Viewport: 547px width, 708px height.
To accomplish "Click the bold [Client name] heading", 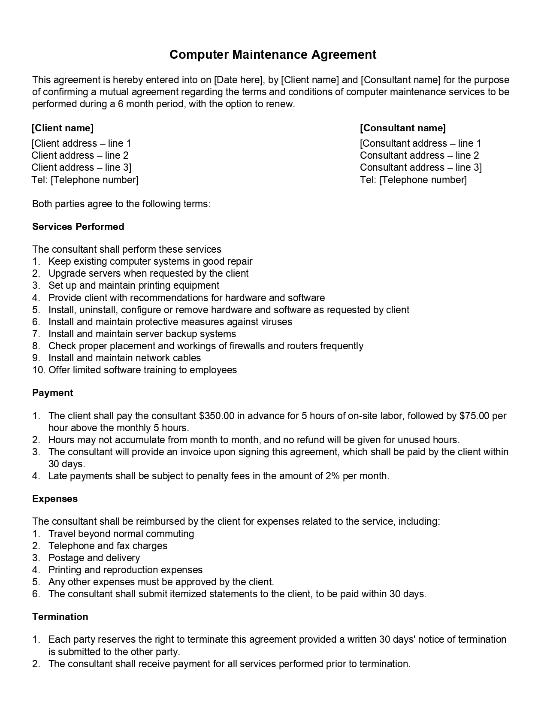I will tap(63, 128).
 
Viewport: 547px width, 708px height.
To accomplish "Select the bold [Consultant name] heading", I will tap(403, 128).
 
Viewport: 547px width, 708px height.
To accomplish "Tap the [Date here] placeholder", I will tap(238, 80).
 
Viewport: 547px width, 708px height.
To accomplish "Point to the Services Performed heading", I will tap(78, 227).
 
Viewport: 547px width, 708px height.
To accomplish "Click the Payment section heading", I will tap(52, 393).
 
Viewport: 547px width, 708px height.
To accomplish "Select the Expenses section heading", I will tap(55, 499).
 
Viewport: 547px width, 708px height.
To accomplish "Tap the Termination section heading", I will tap(60, 617).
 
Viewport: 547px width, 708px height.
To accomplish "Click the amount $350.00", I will tap(217, 416).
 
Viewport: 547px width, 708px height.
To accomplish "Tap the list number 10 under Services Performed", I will tap(38, 370).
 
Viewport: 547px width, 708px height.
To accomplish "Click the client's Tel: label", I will tap(39, 180).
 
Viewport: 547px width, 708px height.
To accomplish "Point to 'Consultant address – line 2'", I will tap(419, 155).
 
